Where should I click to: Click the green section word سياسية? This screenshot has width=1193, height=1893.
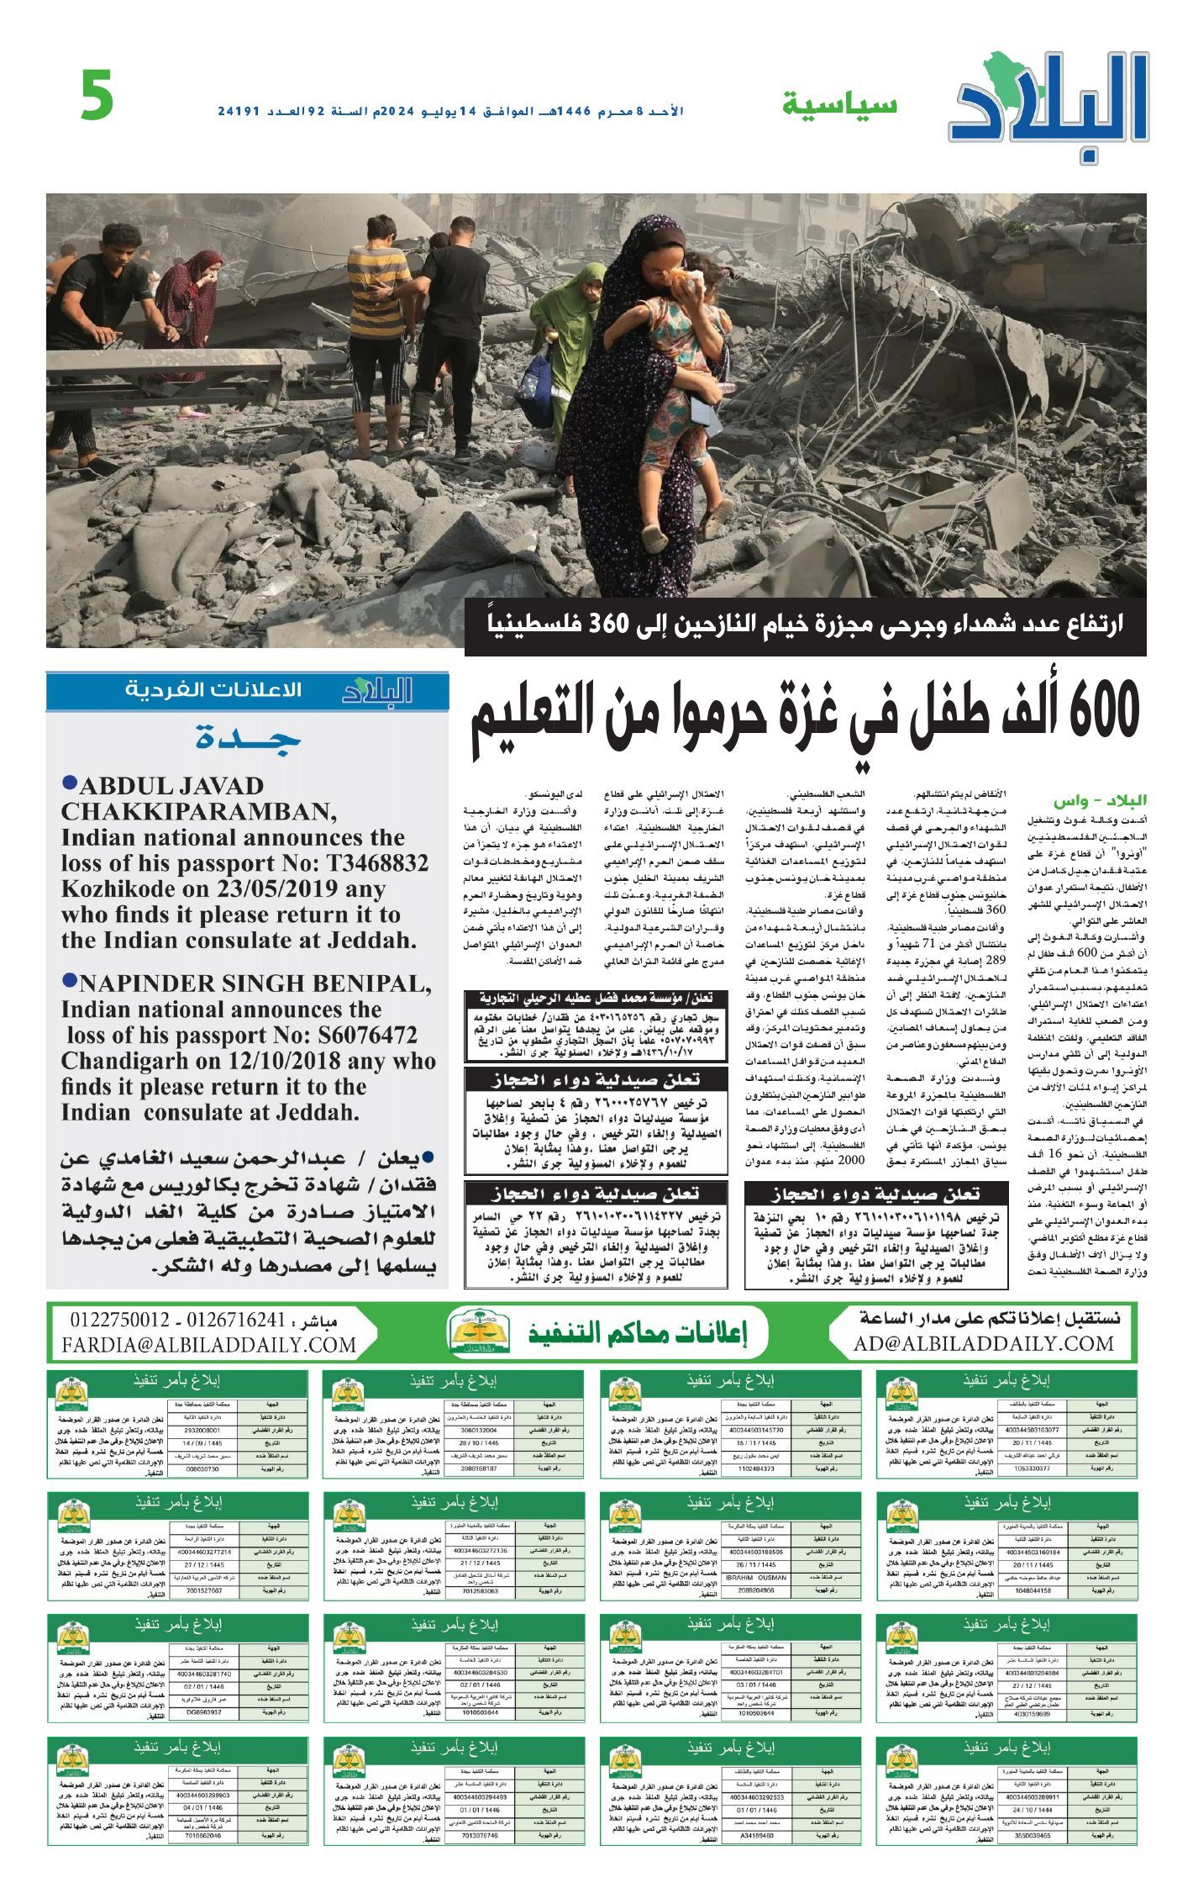[839, 105]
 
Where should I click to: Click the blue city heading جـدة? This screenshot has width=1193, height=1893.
[248, 738]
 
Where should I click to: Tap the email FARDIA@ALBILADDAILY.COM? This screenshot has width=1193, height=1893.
[209, 1344]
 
